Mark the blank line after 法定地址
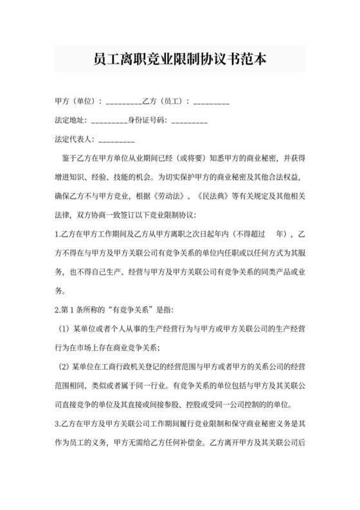pos(109,121)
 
